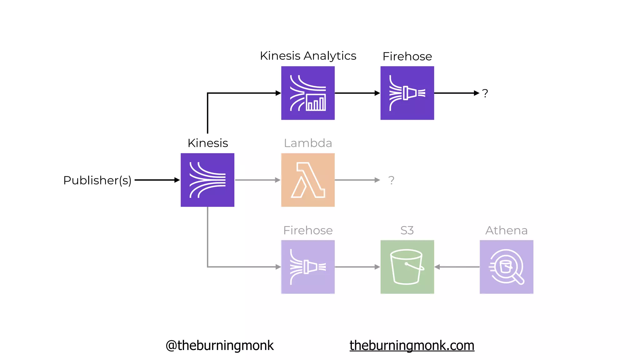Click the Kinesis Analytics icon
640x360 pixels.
click(x=308, y=93)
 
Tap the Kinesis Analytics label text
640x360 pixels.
click(x=308, y=56)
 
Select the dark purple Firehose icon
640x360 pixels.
click(x=407, y=93)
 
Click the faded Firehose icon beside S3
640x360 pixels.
click(x=308, y=267)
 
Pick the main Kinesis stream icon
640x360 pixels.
click(x=207, y=180)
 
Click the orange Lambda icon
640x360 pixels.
click(x=308, y=180)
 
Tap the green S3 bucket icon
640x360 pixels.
click(x=407, y=267)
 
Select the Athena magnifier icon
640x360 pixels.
click(x=506, y=267)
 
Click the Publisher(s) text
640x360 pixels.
click(x=97, y=180)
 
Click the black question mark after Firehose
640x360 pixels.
click(x=485, y=93)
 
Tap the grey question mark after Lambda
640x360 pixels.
click(x=391, y=180)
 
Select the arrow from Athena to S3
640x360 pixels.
click(x=457, y=267)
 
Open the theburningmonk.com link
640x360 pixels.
click(x=412, y=345)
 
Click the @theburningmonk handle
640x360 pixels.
click(x=219, y=345)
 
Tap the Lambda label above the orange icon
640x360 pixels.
click(x=308, y=143)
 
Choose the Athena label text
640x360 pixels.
click(x=506, y=230)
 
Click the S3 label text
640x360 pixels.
click(x=407, y=230)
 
